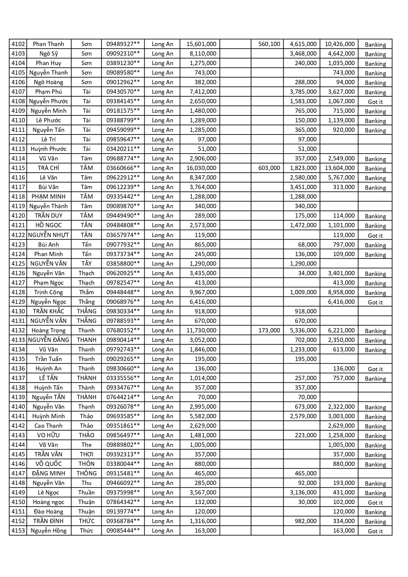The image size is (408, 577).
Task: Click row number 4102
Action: [18, 44]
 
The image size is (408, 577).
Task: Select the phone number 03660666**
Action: [123, 168]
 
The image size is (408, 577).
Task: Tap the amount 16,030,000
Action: [201, 168]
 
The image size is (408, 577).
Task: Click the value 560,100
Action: [269, 44]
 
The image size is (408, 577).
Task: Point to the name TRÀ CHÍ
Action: [48, 168]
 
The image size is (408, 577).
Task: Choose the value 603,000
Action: [269, 168]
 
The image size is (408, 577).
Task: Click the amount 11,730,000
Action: [201, 330]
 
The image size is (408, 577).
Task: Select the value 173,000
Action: [269, 330]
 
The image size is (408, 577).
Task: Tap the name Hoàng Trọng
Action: [48, 330]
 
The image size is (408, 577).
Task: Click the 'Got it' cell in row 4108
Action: [375, 102]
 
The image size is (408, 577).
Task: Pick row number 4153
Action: [18, 531]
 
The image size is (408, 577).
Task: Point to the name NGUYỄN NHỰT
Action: [48, 235]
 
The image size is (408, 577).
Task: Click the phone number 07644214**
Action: [123, 397]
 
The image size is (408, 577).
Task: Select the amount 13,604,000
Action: [340, 168]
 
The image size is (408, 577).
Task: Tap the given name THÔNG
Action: [86, 473]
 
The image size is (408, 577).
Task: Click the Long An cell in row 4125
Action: [162, 264]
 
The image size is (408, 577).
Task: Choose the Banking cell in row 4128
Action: [375, 293]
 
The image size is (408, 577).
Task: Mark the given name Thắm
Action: [86, 292]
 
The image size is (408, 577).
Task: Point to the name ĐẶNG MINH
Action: [48, 473]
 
